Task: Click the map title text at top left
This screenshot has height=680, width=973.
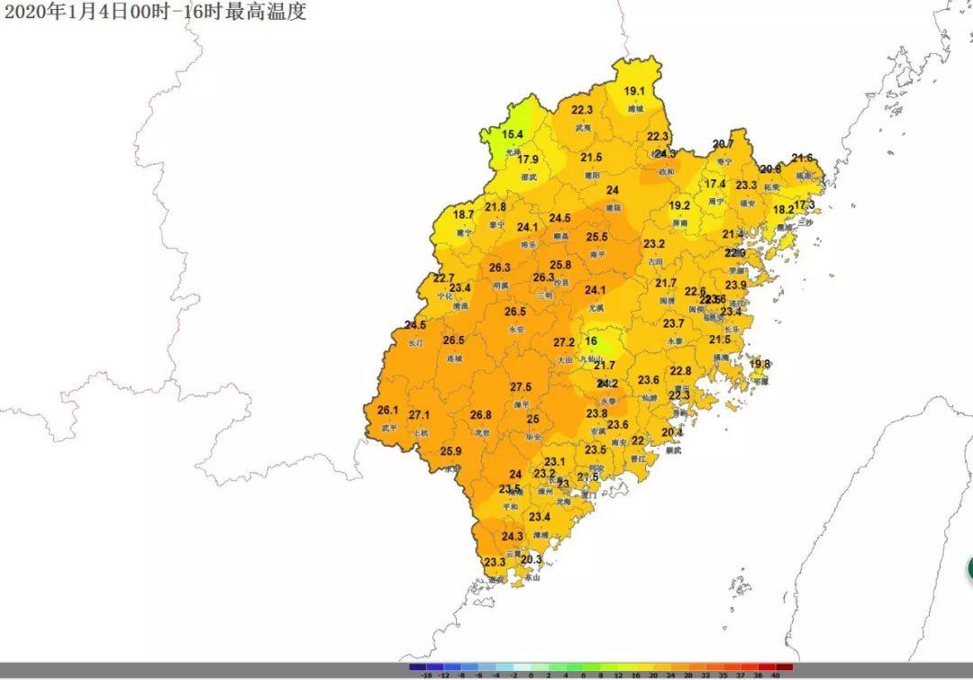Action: click(154, 12)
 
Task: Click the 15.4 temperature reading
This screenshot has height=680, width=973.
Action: click(512, 135)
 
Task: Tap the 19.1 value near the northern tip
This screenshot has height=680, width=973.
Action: click(634, 91)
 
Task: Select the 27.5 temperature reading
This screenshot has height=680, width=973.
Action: click(521, 387)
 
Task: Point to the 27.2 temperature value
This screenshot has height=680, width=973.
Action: click(564, 342)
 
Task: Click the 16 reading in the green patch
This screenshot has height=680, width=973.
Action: click(591, 341)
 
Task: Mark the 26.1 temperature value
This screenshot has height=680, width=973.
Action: click(387, 410)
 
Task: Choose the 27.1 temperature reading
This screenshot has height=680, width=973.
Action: click(419, 415)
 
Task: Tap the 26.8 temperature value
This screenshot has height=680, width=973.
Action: click(481, 415)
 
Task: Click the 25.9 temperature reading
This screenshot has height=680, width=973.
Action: click(450, 451)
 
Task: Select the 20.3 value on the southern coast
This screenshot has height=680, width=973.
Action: click(532, 559)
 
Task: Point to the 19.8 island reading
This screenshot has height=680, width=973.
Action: click(760, 364)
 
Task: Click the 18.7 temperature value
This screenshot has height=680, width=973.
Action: click(463, 215)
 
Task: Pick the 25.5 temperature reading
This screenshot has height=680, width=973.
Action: click(596, 237)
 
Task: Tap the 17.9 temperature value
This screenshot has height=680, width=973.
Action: click(528, 159)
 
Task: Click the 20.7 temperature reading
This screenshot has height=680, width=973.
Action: click(723, 144)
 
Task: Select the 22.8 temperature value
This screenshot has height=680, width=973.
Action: click(680, 371)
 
